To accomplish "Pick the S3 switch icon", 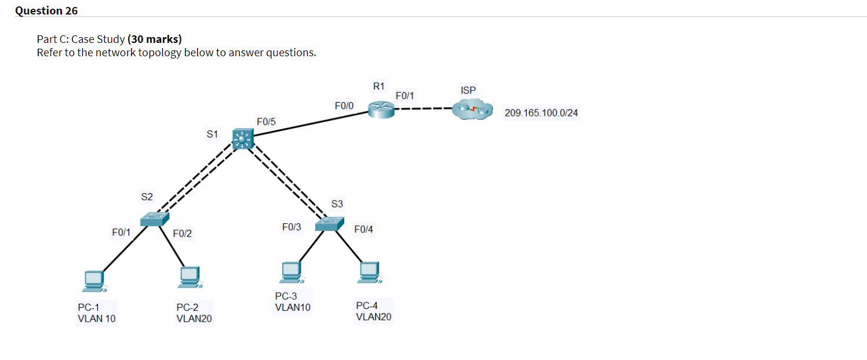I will coord(330,224).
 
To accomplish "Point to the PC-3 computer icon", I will coord(292,270).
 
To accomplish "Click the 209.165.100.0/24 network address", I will coord(541,112).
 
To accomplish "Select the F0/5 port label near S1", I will coord(266,122).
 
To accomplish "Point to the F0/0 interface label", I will coord(344,106).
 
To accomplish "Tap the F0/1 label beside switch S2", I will coord(121,232).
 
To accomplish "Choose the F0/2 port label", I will coord(182,234).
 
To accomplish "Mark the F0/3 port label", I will coord(292,227).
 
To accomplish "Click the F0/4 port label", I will coord(363,230).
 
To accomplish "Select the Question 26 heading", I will coord(46,10).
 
